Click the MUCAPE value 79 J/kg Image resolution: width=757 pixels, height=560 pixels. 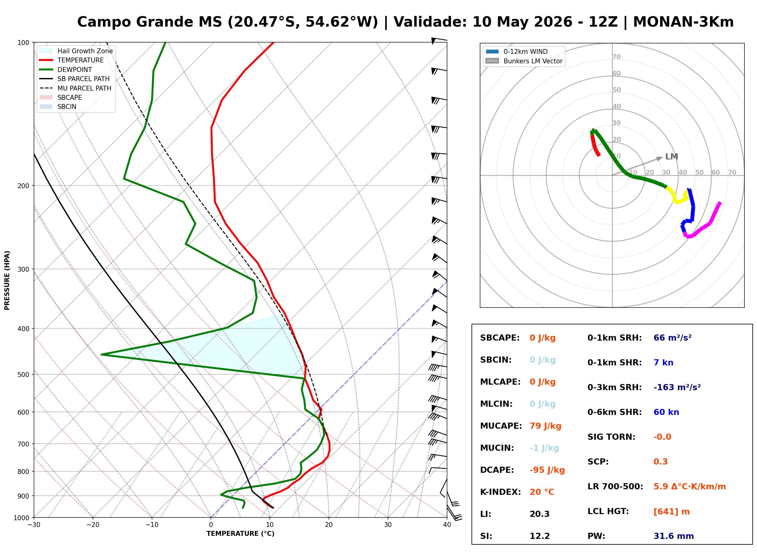[545, 426]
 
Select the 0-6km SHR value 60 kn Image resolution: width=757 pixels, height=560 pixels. [666, 412]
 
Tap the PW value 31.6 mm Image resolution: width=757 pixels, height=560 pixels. [674, 536]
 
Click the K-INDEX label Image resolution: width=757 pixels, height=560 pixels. [501, 492]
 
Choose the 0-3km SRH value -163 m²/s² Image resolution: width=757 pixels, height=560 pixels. [677, 387]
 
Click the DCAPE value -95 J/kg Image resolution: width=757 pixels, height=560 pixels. [547, 470]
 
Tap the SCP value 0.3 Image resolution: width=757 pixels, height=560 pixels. [660, 462]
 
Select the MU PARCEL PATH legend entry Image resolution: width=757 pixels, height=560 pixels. [75, 88]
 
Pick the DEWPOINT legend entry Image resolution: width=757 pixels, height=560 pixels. [66, 69]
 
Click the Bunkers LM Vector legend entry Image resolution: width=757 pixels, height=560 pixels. [524, 61]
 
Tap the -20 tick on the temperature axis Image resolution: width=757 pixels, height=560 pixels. [93, 525]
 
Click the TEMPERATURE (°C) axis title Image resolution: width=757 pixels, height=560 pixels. [240, 534]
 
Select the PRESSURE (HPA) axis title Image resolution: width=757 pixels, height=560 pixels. [7, 280]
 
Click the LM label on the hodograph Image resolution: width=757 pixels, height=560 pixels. [672, 157]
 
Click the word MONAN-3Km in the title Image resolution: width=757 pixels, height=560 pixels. [683, 22]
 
